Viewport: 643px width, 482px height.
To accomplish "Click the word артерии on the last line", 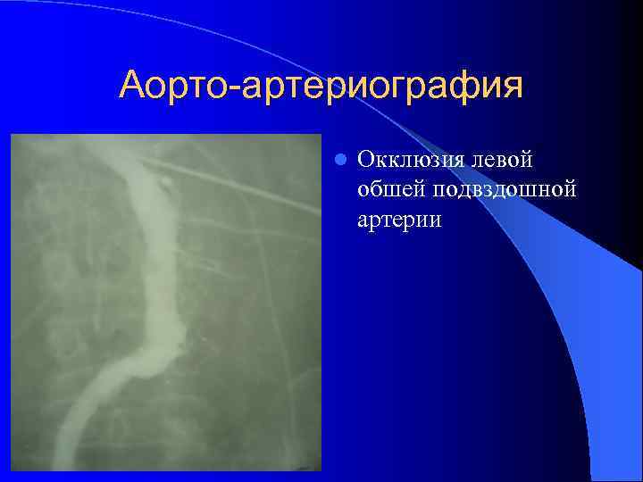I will [399, 219].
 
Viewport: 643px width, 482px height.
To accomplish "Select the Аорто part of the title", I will [177, 86].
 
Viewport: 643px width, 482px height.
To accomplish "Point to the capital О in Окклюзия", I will [365, 160].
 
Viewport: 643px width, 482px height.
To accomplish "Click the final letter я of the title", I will [512, 88].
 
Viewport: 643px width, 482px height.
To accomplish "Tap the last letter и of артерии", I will [436, 220].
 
